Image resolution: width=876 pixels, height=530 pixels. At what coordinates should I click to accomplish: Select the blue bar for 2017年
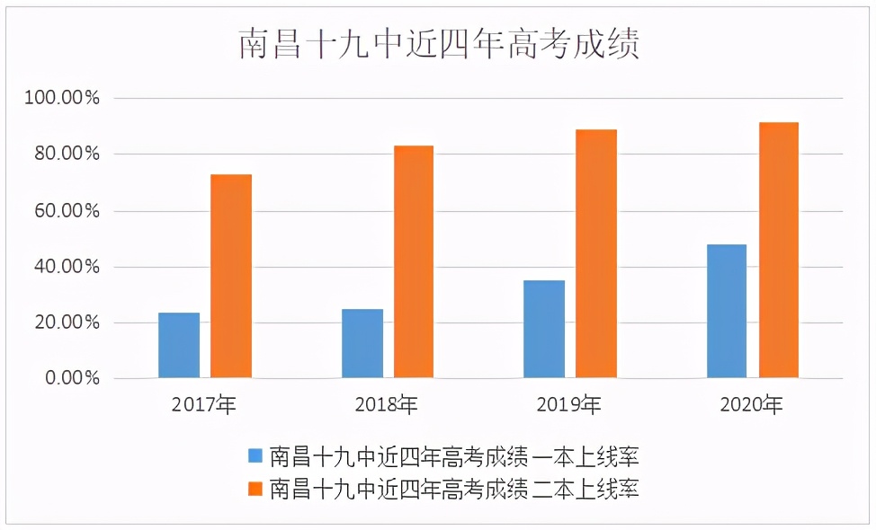[179, 345]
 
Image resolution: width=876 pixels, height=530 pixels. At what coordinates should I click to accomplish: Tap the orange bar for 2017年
[231, 276]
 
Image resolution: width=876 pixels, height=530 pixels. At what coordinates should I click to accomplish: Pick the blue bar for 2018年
[362, 343]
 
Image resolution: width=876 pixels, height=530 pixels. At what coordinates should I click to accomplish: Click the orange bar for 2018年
[413, 261]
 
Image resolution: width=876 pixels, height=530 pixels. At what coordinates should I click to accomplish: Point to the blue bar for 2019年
[545, 329]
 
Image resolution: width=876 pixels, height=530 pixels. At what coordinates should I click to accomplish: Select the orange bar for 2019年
[596, 253]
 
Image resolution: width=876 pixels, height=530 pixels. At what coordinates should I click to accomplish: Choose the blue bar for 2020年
[727, 311]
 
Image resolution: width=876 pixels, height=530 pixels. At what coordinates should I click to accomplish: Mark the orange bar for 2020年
[779, 250]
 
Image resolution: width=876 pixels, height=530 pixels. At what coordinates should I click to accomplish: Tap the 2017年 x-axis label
[204, 405]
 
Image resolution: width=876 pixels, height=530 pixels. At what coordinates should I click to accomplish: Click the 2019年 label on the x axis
[569, 405]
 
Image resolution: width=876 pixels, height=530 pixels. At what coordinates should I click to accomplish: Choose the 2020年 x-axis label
[752, 405]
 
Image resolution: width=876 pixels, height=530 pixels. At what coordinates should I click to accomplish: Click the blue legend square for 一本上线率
[255, 455]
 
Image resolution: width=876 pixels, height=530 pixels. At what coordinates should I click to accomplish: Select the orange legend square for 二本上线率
[255, 489]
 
